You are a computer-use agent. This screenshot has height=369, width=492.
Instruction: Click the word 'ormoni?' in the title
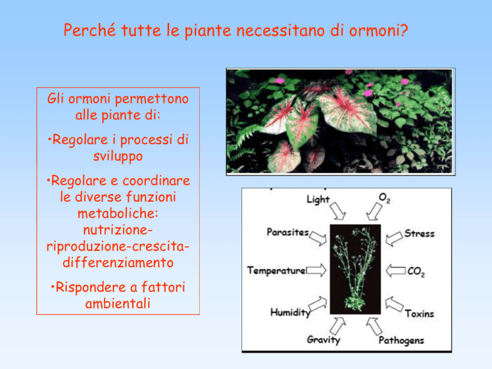379,31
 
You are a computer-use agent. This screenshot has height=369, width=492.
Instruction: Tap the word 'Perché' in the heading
90,30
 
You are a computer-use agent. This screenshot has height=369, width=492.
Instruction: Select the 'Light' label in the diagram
318,200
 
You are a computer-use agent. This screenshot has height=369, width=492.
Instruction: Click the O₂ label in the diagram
384,198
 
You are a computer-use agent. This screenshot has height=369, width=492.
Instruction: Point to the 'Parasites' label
288,232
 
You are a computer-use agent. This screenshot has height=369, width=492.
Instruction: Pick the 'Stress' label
419,233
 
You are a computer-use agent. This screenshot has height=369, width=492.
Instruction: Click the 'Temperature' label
277,270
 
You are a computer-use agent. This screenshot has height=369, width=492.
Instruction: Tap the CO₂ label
416,271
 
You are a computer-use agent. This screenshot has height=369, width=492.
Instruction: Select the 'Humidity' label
290,312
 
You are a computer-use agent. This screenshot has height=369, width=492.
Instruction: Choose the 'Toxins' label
419,313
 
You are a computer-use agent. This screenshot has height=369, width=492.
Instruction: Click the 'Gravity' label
324,340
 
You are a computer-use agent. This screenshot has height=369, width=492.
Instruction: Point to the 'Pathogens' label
401,340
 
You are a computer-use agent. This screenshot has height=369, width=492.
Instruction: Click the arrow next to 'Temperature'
316,270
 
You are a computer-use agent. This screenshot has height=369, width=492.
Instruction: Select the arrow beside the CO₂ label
396,271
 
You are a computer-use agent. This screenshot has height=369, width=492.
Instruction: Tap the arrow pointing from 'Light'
338,211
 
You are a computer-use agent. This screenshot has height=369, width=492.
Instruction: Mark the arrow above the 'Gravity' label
338,326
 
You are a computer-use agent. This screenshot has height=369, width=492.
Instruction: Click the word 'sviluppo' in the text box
118,156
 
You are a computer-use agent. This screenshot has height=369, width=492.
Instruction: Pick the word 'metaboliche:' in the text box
118,214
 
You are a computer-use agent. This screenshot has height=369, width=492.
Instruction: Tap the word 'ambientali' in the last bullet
118,304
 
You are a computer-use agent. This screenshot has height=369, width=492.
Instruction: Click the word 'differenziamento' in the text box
118,262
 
